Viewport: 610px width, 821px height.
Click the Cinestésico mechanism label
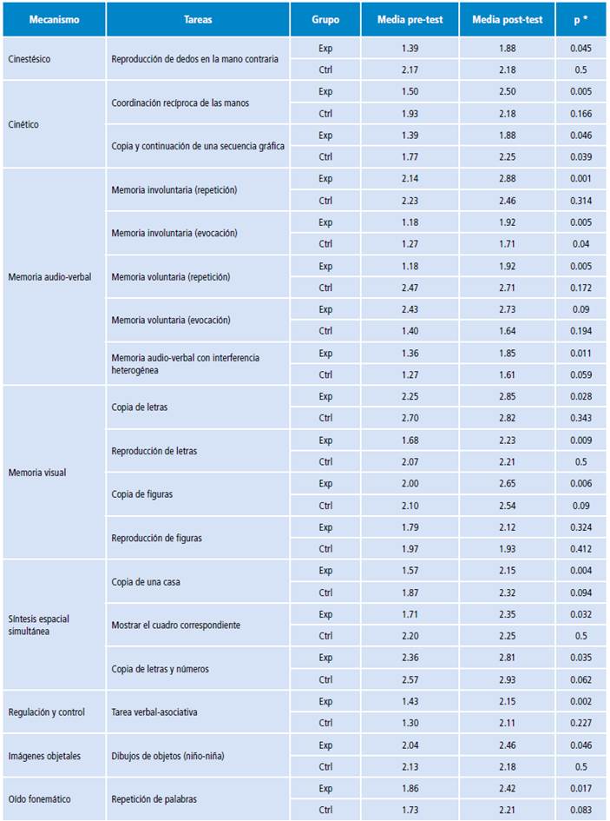29,59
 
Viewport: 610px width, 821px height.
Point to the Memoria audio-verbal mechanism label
49,277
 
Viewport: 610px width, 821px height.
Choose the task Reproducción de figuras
157,538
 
